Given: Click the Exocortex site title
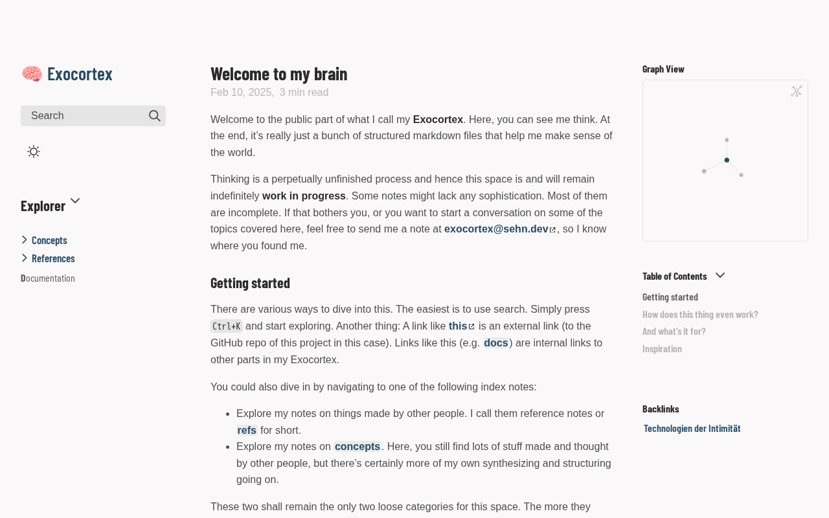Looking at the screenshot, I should (80, 74).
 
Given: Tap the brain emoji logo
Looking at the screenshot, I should (32, 74).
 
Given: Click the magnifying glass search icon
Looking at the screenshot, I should (155, 116).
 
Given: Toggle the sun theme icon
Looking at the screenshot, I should (34, 152).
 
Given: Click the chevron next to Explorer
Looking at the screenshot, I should (75, 201).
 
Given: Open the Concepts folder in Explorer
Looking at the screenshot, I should (49, 240).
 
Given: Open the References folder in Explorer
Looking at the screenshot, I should (53, 258).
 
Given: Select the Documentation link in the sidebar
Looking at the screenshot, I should (48, 278).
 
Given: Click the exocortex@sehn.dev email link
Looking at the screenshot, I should (496, 229).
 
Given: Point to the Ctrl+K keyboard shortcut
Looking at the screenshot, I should (227, 326).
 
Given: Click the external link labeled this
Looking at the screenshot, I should (458, 326).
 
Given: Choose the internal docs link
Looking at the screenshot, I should (495, 343).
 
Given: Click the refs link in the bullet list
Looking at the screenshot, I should (247, 431).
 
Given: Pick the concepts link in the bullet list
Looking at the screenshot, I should (357, 447).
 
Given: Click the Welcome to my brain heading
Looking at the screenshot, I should (278, 74).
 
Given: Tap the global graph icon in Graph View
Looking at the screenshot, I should (797, 91).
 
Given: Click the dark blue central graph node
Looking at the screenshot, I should (727, 160).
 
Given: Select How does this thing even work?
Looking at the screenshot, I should (700, 315).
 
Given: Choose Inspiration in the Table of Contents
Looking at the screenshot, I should (662, 349).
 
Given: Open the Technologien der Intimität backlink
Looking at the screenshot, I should (692, 429).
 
